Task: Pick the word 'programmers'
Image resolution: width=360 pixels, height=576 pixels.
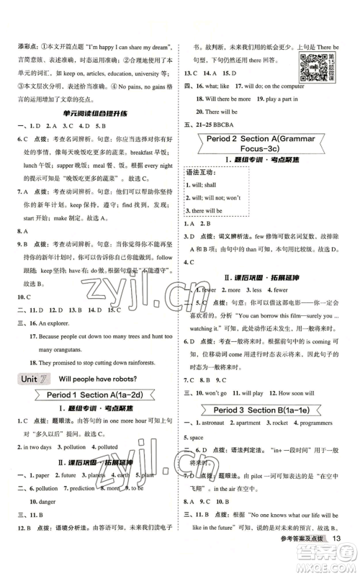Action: pos(322,423)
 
